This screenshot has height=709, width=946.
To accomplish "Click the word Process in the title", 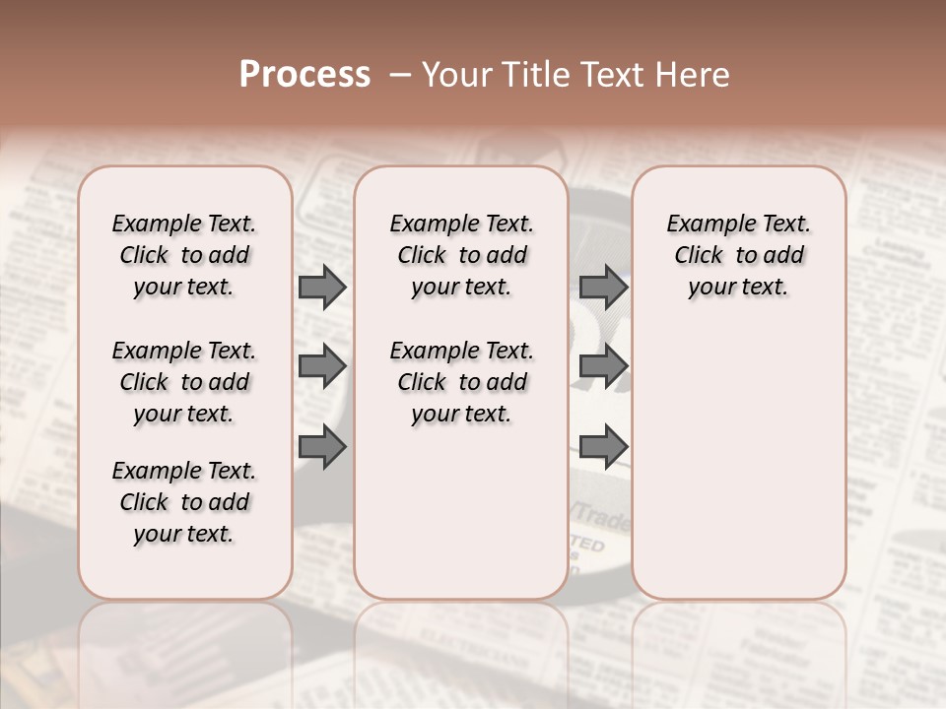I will [x=304, y=75].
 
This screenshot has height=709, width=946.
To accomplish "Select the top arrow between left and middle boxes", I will [x=322, y=288].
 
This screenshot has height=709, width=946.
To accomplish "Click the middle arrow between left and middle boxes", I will [x=322, y=367].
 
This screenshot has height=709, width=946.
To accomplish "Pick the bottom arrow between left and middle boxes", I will [x=322, y=447].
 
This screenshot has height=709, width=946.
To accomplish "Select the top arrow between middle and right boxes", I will [x=603, y=288].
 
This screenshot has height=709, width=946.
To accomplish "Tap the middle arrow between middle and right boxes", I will [x=603, y=367].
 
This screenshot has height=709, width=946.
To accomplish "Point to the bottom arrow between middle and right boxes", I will [x=603, y=447].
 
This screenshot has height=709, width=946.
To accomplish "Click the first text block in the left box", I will [x=184, y=255].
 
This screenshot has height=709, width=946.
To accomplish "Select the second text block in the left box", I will [x=184, y=382].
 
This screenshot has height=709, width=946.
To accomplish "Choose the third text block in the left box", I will [x=184, y=502].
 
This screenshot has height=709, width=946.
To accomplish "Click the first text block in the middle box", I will [x=461, y=255].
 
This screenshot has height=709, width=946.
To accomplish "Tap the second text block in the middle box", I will [x=461, y=382].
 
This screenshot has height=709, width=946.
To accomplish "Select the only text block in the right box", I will [x=738, y=255].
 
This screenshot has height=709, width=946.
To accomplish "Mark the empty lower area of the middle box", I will [x=461, y=512].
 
